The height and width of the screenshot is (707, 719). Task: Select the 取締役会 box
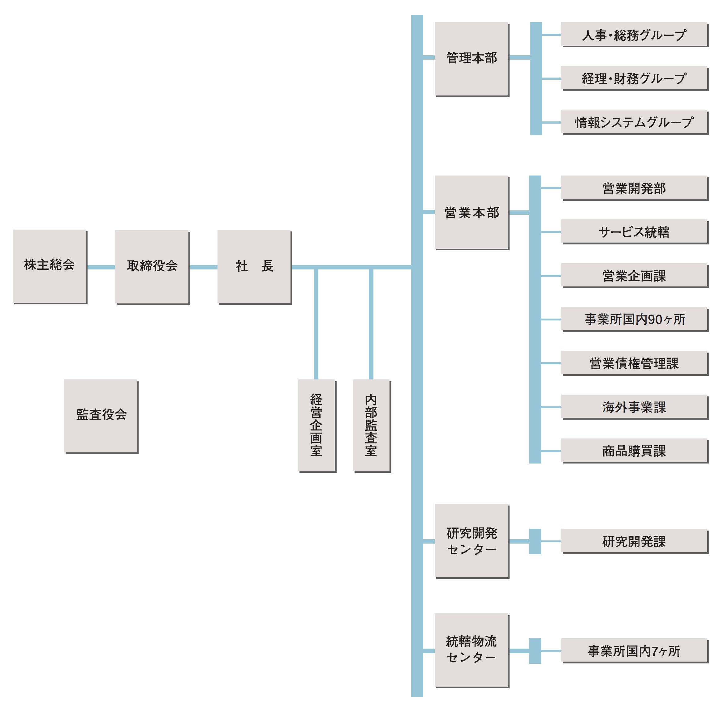click(x=152, y=267)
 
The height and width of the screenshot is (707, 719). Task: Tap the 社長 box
click(x=254, y=266)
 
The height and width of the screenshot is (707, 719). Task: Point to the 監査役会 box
click(x=101, y=416)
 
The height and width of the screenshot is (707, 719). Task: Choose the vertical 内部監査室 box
click(x=371, y=425)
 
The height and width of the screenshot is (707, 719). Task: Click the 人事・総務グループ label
click(x=634, y=35)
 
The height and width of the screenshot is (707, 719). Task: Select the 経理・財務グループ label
click(x=634, y=78)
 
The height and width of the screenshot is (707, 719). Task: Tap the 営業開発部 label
click(x=634, y=188)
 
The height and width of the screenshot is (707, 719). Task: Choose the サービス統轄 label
click(x=634, y=232)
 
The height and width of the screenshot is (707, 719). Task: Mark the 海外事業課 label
click(x=634, y=407)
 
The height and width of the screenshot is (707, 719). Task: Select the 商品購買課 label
click(x=634, y=451)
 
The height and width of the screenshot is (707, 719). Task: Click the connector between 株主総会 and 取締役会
click(x=101, y=267)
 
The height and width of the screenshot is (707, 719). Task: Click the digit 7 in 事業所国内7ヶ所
click(x=655, y=651)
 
